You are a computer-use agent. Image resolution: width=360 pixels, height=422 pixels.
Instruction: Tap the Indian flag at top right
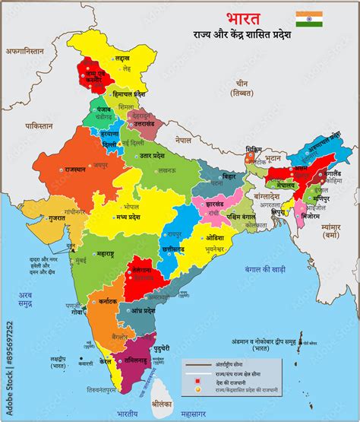[x=309, y=19]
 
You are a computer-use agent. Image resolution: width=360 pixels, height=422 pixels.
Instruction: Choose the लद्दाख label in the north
[x=122, y=58]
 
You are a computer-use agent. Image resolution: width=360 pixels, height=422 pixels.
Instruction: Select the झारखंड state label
[x=208, y=205]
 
